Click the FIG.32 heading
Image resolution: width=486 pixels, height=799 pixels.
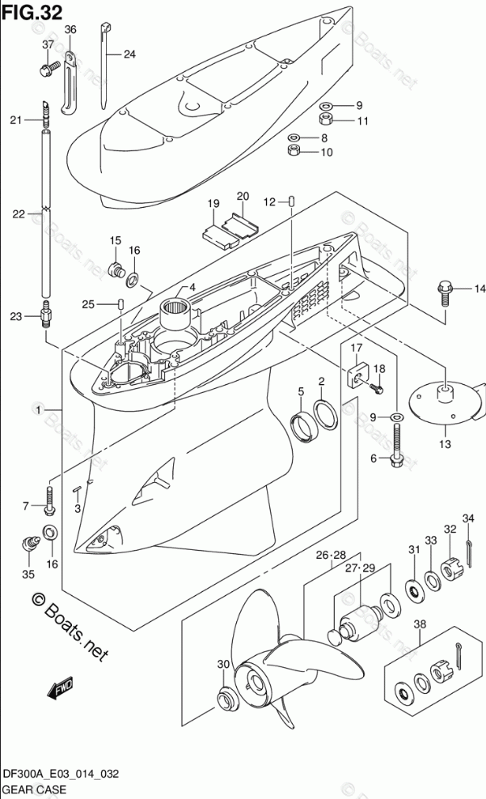tap(32, 11)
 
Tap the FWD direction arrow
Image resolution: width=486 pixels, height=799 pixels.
tap(59, 687)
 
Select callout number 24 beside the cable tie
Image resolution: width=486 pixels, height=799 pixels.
tap(130, 54)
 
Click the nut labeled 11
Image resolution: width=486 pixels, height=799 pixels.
tap(324, 120)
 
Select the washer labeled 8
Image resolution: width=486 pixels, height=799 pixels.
tap(294, 137)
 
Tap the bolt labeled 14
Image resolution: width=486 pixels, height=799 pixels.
tap(445, 294)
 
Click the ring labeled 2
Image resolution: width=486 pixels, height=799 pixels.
tap(326, 412)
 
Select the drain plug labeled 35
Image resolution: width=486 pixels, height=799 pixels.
tap(30, 543)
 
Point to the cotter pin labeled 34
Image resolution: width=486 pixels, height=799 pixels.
tap(469, 553)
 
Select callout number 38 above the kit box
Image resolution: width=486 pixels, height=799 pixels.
tap(420, 624)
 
